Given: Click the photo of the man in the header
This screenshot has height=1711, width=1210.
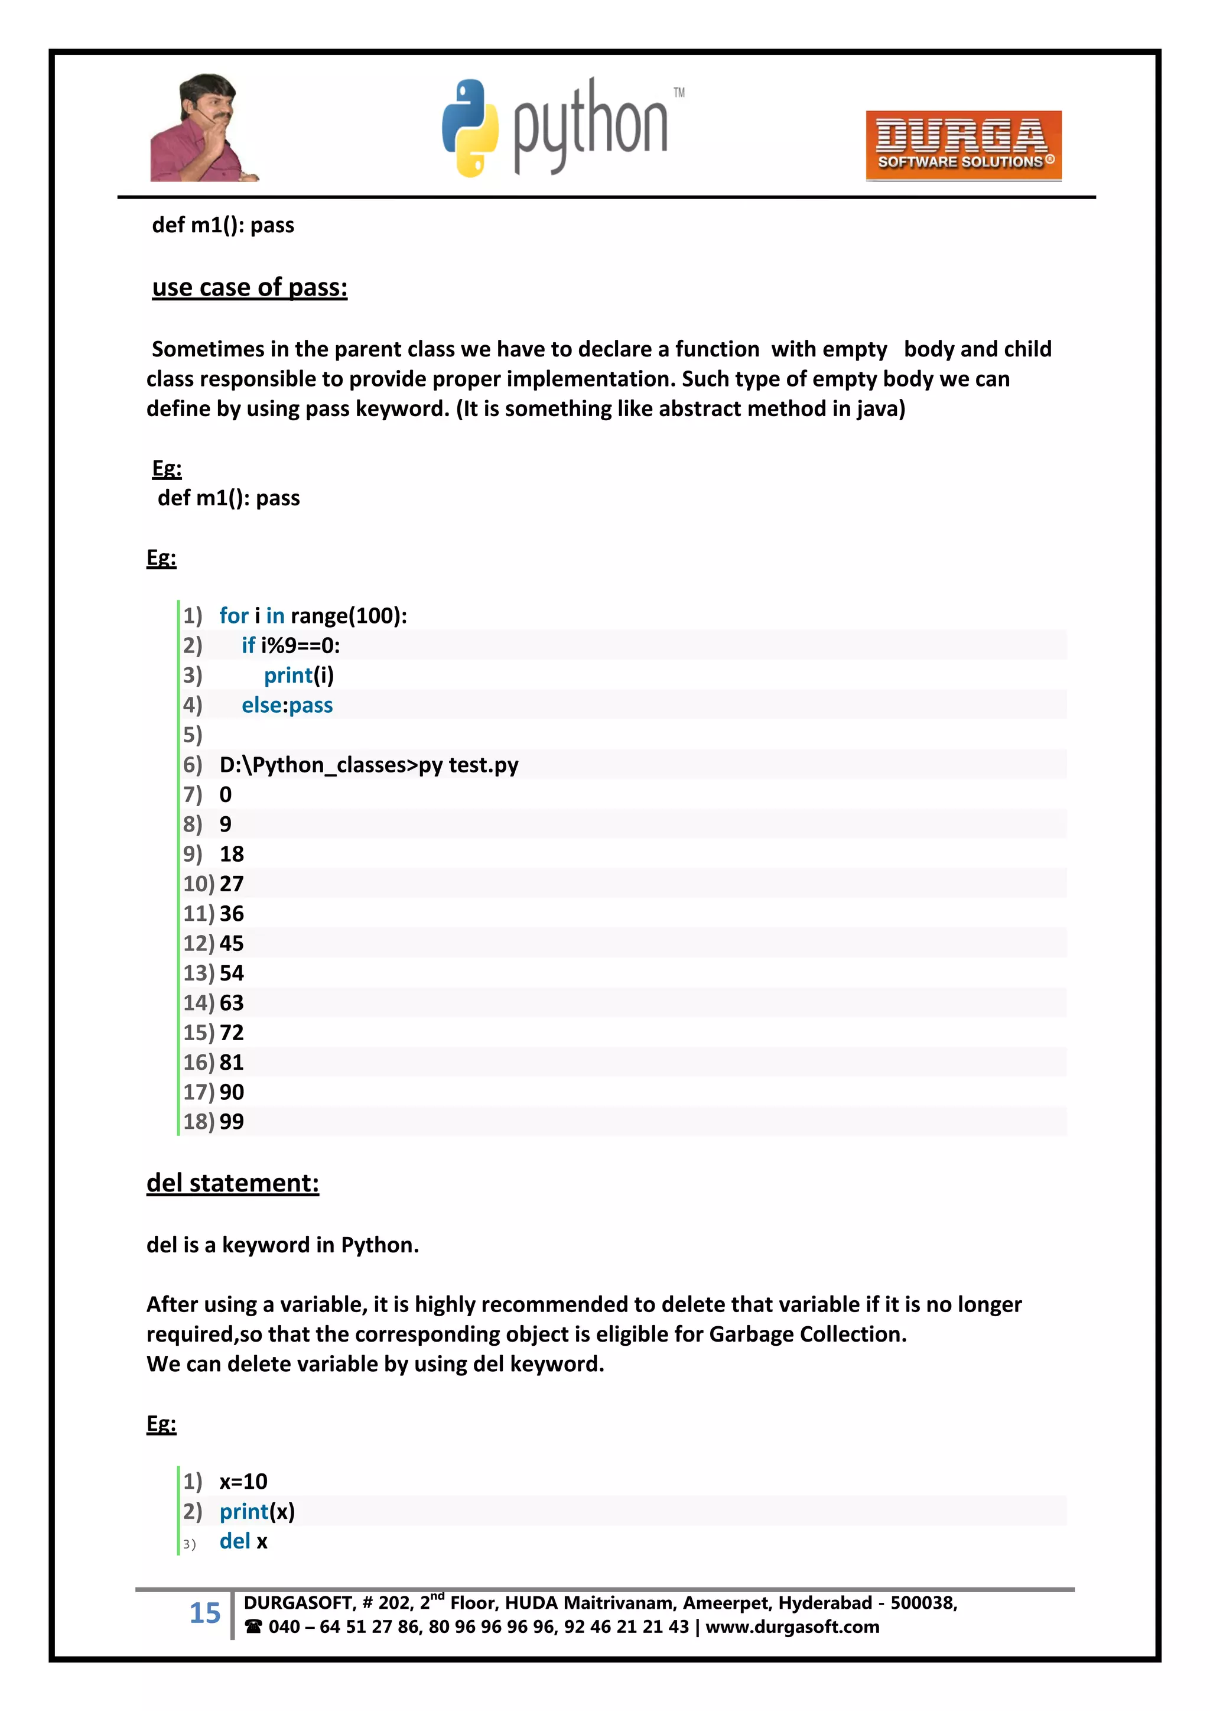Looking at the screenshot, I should (203, 128).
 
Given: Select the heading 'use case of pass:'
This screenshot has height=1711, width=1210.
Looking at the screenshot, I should (249, 288).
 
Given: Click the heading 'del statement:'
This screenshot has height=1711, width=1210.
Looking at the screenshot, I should (232, 1183).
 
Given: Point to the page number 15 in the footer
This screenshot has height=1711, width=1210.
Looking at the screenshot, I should (205, 1613).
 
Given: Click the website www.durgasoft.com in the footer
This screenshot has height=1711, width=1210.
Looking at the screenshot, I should (792, 1627).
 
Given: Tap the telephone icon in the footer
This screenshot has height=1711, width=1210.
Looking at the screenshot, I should (253, 1627).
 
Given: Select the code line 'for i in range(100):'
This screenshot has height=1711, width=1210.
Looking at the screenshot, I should (313, 615).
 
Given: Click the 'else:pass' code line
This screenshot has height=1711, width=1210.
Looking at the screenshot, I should (287, 705).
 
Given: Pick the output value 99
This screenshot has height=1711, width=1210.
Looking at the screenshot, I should (232, 1122).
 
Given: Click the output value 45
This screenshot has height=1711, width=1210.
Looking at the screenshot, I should (232, 943).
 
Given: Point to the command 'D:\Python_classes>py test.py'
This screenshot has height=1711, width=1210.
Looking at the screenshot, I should (369, 765).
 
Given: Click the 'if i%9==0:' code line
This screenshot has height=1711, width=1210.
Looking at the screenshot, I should (291, 645).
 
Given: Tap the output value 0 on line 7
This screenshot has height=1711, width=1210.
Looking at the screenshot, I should (225, 794).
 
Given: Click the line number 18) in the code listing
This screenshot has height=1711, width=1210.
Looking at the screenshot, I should (198, 1122).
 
